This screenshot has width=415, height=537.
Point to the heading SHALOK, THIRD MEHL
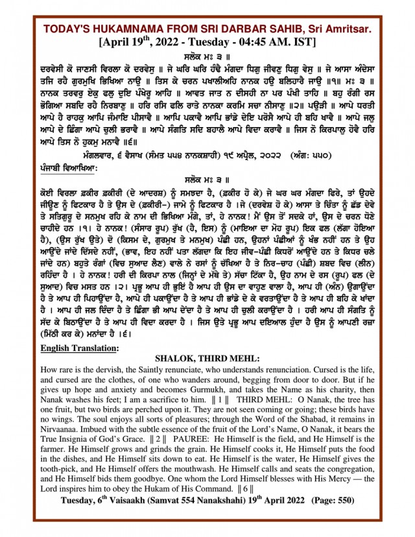click(207, 358)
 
